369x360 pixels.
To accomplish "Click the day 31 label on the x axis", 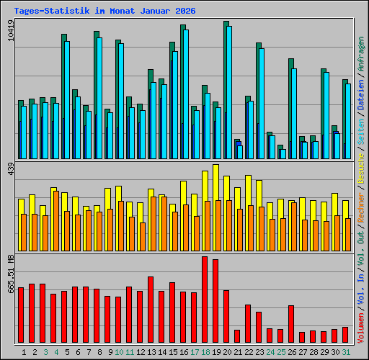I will coord(346,352).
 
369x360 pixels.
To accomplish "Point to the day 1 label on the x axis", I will coord(25,352).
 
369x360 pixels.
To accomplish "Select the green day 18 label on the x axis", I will coord(205,352).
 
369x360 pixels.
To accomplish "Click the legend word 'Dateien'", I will coord(361,97).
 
